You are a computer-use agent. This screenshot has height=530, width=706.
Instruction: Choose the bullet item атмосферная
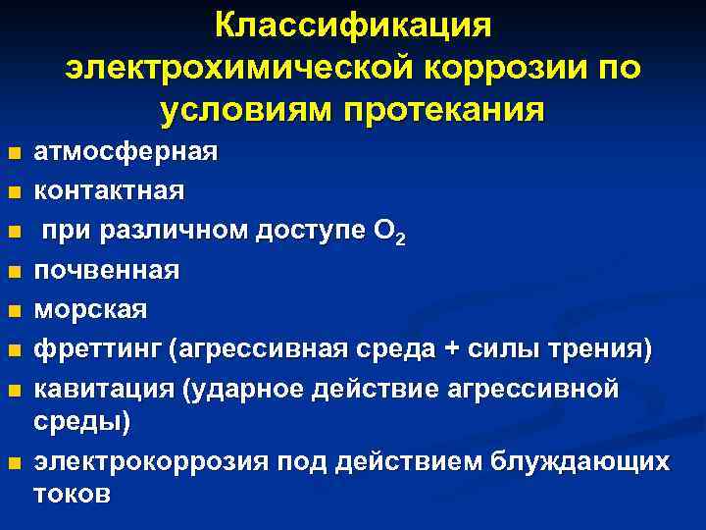(x=126, y=153)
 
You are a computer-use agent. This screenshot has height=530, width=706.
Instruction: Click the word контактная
(x=109, y=188)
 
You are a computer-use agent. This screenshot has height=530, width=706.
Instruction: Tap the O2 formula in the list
(x=388, y=232)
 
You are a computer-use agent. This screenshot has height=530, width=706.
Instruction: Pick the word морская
(x=91, y=309)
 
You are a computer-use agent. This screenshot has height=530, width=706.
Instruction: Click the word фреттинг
(x=96, y=348)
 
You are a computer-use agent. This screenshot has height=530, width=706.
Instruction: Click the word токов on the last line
(x=73, y=494)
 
